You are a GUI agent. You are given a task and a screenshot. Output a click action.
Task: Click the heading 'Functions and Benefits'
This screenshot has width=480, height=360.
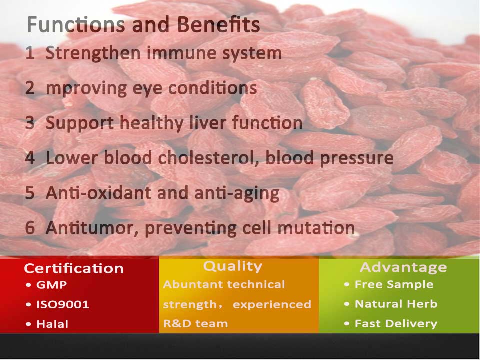[x=143, y=25]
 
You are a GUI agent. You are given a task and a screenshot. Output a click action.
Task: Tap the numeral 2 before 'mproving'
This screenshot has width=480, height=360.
[x=30, y=88]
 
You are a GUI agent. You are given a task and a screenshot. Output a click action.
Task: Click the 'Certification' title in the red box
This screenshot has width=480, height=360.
[x=73, y=268]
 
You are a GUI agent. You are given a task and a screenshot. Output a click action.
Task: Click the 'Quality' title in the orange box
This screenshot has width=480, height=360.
[x=232, y=266]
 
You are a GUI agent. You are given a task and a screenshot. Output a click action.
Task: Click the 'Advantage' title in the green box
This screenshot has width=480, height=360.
[x=403, y=267]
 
